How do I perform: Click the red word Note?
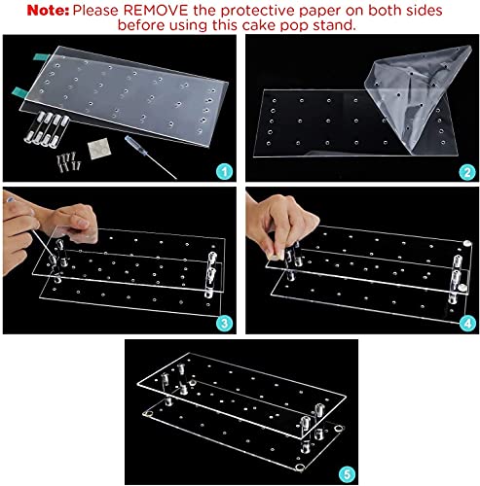(48, 11)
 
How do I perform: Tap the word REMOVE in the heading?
(156, 11)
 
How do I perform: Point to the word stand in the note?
(335, 25)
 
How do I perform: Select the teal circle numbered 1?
(224, 171)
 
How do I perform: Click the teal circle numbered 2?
(467, 172)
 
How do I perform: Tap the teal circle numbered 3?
(224, 323)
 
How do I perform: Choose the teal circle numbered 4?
(467, 323)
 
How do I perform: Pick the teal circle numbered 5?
(347, 474)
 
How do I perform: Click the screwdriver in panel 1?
(150, 156)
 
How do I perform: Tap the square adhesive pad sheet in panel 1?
(99, 149)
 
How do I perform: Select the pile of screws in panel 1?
(69, 161)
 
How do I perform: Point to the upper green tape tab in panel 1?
(41, 57)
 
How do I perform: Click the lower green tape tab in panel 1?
(20, 92)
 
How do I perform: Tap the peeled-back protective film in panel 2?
(419, 97)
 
